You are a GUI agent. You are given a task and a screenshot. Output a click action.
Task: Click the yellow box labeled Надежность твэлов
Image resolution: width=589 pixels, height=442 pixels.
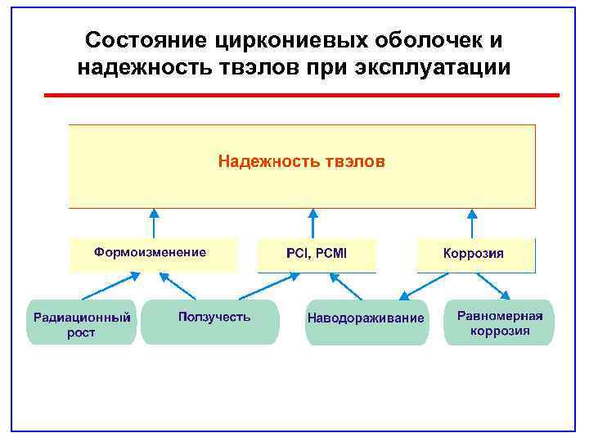(x=301, y=166)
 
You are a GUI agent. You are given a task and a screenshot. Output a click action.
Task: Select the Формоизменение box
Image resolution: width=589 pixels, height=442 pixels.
(x=153, y=255)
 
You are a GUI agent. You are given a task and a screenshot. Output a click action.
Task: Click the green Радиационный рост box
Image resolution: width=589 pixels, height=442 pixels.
(x=82, y=322)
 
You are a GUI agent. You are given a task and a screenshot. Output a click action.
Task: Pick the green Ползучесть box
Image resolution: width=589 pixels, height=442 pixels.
(x=211, y=321)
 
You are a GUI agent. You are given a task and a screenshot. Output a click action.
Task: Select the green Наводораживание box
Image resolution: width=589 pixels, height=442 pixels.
(x=366, y=321)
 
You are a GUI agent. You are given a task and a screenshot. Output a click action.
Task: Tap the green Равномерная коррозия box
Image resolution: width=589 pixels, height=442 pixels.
(x=499, y=322)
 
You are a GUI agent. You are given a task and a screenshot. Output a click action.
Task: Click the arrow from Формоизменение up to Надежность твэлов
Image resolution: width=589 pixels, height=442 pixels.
(x=153, y=223)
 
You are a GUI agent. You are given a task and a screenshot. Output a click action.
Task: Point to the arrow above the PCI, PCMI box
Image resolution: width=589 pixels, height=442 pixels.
(x=312, y=223)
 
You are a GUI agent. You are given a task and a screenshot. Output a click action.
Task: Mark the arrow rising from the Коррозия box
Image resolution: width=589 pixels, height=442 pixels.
(x=471, y=223)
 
